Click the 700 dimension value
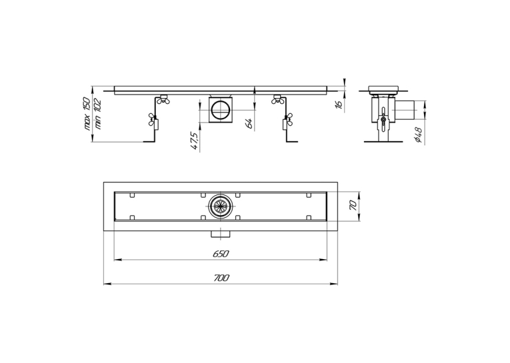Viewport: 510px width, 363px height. click(x=221, y=278)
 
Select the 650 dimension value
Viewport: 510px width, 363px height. click(x=221, y=254)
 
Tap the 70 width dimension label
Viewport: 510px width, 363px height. click(x=353, y=205)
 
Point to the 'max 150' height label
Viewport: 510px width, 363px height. click(x=87, y=113)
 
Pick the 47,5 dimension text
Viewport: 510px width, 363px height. click(x=195, y=140)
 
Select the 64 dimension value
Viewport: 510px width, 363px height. click(x=249, y=123)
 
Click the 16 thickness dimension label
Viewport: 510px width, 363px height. click(x=339, y=104)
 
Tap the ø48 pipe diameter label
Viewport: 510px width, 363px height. click(x=419, y=135)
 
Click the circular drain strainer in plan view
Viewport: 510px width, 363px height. click(x=221, y=206)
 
